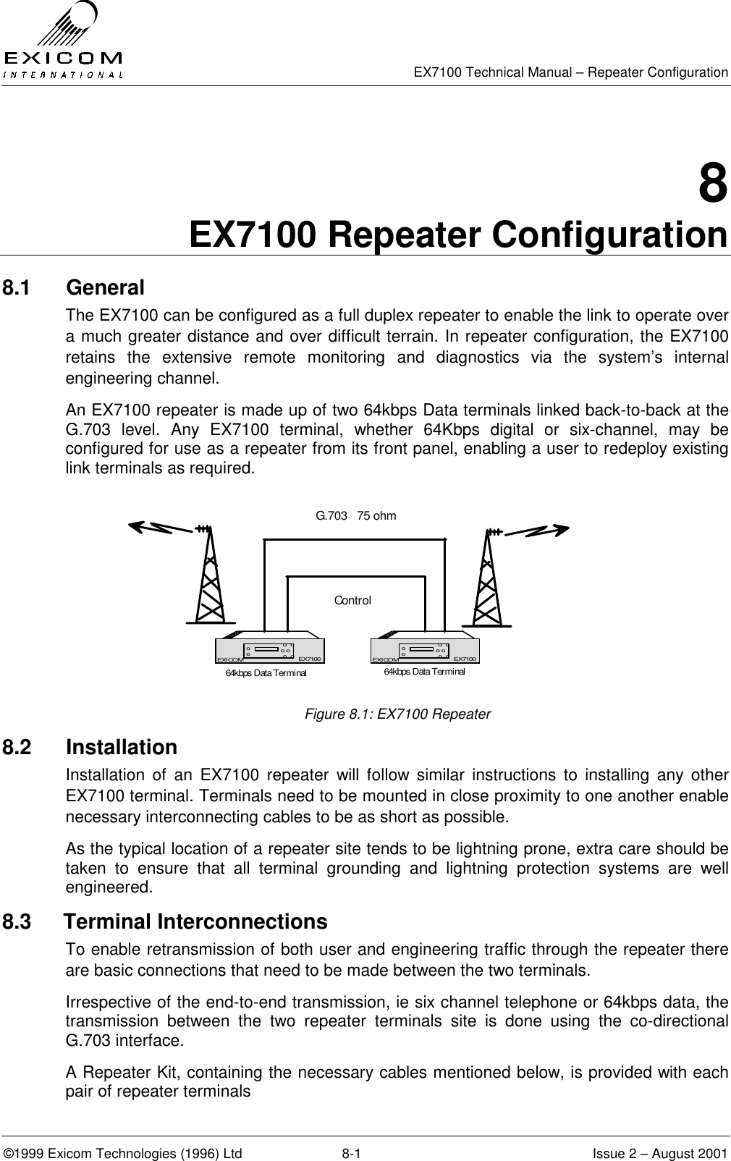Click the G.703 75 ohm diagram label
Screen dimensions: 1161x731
(356, 516)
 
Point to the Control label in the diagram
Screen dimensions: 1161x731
(352, 601)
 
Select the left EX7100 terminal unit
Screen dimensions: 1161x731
(270, 651)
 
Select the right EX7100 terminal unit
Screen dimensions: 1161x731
(425, 649)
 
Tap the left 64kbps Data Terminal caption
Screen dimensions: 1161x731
(266, 673)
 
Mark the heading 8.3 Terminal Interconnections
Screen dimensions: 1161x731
(165, 922)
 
